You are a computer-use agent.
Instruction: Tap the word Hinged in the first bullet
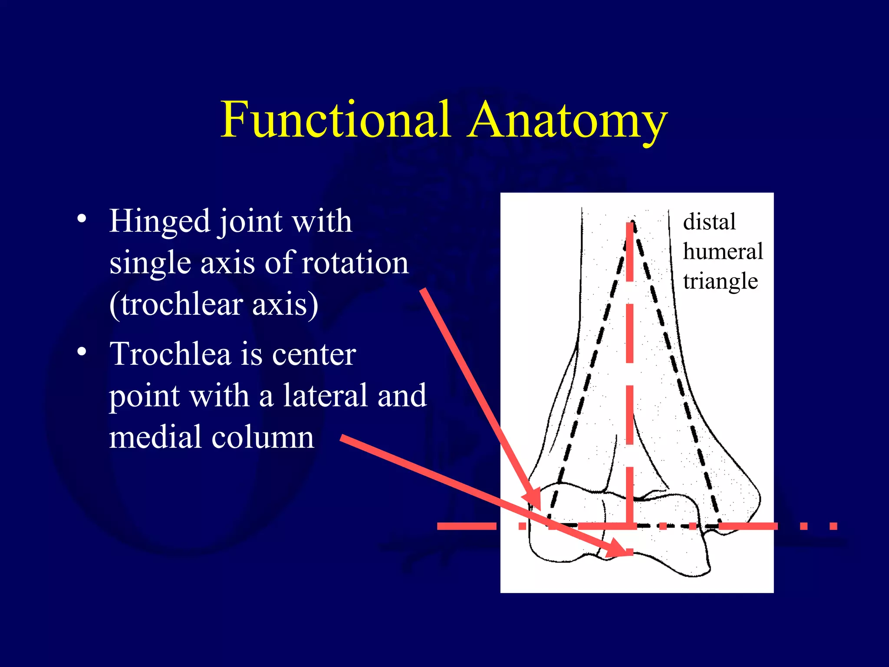[159, 221]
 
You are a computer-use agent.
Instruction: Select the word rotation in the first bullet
[355, 263]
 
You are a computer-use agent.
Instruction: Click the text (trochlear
[175, 304]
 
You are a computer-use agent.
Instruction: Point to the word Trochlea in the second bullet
[170, 354]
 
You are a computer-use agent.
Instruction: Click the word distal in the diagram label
[709, 222]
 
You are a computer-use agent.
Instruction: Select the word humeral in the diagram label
[723, 251]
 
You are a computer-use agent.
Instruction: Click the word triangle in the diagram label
[721, 281]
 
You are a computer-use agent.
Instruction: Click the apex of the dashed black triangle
[633, 221]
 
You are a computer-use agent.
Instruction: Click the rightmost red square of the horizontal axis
[833, 526]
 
